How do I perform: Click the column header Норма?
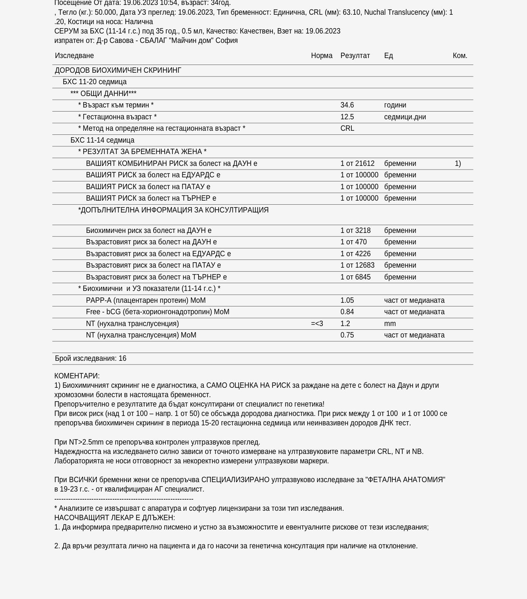tap(322, 56)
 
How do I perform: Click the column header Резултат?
tap(355, 56)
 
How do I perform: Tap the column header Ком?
tap(460, 56)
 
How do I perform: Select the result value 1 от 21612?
tap(357, 163)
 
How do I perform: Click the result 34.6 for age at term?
tap(347, 105)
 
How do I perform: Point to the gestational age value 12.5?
tap(347, 117)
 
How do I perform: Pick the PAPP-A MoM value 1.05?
tap(347, 300)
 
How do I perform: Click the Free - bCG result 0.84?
tap(347, 312)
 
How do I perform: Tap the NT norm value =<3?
tap(317, 324)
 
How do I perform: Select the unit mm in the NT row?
tap(390, 324)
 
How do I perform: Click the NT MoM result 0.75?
tap(347, 335)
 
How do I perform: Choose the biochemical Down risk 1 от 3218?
tap(355, 230)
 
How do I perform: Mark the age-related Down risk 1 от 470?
tap(353, 242)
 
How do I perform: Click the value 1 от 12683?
tap(357, 265)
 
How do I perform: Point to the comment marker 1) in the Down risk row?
tap(458, 163)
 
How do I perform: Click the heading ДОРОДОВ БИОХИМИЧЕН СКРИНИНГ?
tap(118, 70)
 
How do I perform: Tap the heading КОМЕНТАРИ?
tap(77, 376)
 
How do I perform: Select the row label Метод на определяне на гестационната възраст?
tap(162, 128)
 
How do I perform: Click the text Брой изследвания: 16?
tap(91, 358)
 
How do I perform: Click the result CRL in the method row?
tap(347, 128)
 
